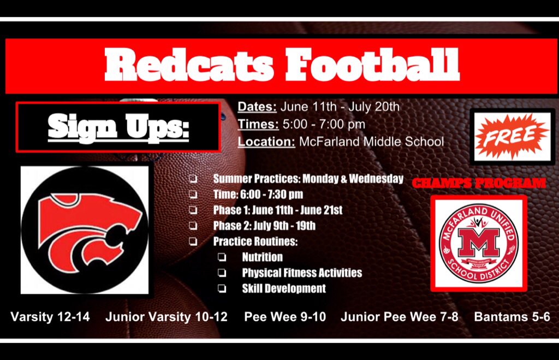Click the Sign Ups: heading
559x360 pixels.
pyautogui.click(x=118, y=127)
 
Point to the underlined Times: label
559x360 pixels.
pyautogui.click(x=258, y=124)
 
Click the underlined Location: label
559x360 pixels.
pyautogui.click(x=266, y=142)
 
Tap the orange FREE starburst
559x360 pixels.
pyautogui.click(x=512, y=135)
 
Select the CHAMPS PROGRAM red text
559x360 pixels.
pyautogui.click(x=478, y=183)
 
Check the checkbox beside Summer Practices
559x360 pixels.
pyautogui.click(x=194, y=179)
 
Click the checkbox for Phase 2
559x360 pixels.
pyautogui.click(x=194, y=226)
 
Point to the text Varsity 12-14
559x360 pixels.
pyautogui.click(x=50, y=316)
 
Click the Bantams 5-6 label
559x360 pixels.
pyautogui.click(x=512, y=316)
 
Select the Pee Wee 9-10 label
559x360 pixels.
pyautogui.click(x=285, y=316)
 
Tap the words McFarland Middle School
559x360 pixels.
pyautogui.click(x=371, y=142)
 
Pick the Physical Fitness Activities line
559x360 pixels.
pyautogui.click(x=302, y=273)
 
